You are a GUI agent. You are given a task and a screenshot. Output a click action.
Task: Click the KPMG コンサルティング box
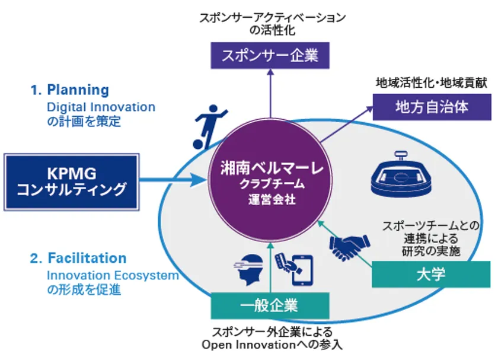pos(71,181)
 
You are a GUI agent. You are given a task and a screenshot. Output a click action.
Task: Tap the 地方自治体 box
pos(432,107)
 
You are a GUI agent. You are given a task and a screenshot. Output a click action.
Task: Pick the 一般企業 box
pos(270,306)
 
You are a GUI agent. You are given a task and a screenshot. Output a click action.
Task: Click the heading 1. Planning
pos(70,90)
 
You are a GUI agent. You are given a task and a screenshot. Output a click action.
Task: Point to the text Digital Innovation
pos(101,107)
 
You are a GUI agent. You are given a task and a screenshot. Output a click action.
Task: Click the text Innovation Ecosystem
pos(113,276)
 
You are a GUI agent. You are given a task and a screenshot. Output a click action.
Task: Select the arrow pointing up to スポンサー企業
pos(270,95)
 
